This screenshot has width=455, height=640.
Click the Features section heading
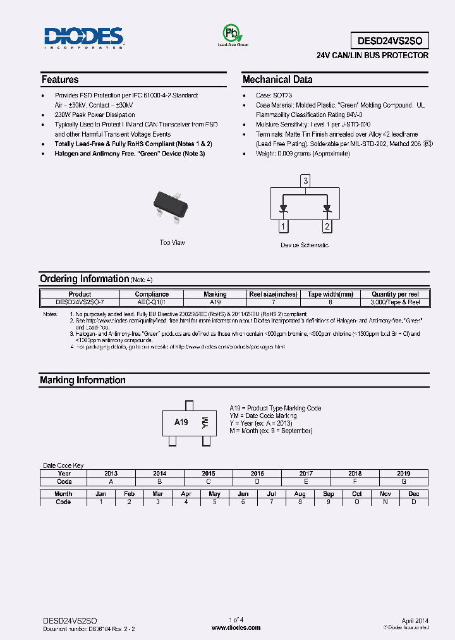(x=60, y=80)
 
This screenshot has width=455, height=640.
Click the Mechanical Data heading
(x=277, y=80)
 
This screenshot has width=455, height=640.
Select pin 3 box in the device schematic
(x=305, y=182)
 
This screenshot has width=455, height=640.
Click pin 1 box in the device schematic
(x=284, y=226)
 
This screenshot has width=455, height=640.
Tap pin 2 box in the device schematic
(x=327, y=226)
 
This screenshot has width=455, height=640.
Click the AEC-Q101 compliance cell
(x=152, y=302)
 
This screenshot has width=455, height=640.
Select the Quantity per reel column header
(x=395, y=294)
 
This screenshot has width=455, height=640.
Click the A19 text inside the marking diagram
(x=181, y=422)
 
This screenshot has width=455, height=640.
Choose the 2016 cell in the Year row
(x=257, y=473)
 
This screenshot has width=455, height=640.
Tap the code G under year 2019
(x=404, y=481)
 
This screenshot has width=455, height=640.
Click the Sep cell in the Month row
(x=329, y=493)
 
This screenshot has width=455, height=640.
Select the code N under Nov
(x=385, y=502)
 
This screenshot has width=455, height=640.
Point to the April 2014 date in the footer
(x=415, y=621)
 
